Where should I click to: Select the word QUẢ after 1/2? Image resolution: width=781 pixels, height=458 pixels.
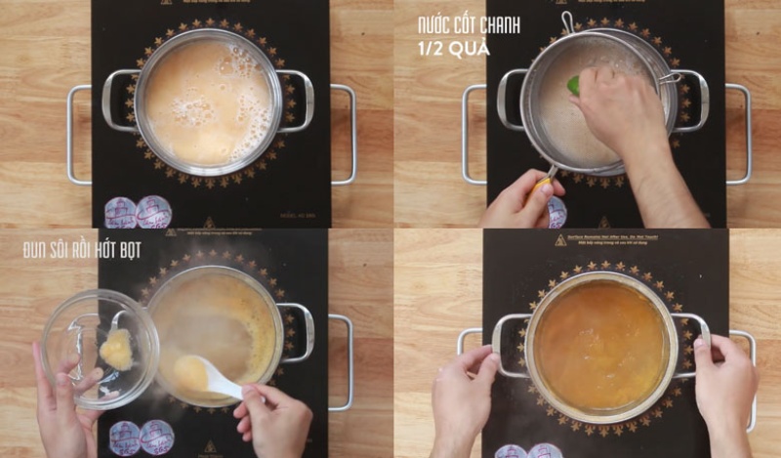tap(473, 47)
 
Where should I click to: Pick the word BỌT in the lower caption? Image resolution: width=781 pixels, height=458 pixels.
tap(128, 250)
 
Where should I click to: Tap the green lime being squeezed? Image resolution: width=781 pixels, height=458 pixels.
tap(574, 85)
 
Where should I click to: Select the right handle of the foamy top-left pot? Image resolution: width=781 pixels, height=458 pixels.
tap(297, 101)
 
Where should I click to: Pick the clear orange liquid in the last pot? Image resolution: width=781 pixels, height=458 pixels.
tap(600, 346)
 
